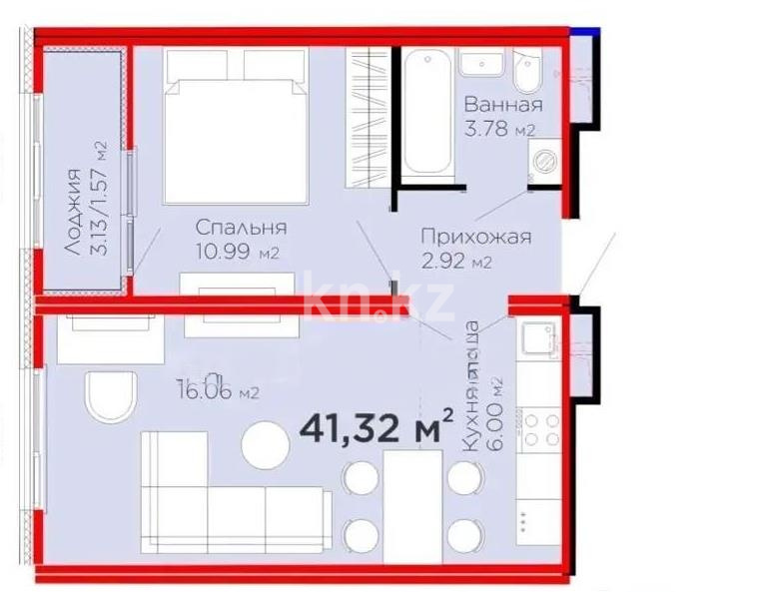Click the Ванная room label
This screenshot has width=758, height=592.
pyautogui.click(x=503, y=105)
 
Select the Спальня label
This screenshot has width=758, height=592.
pyautogui.click(x=241, y=228)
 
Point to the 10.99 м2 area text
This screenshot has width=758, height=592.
pyautogui.click(x=237, y=254)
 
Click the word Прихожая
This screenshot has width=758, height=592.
pyautogui.click(x=474, y=238)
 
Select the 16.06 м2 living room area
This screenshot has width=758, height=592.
pyautogui.click(x=217, y=392)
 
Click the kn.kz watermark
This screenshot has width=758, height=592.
pyautogui.click(x=379, y=298)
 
